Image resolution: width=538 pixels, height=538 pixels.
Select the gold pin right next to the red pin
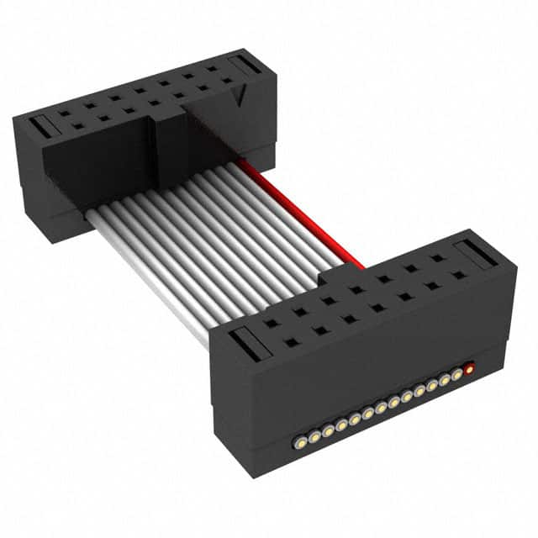tap(457, 374)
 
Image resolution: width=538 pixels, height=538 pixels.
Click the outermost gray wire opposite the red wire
tap(151, 277)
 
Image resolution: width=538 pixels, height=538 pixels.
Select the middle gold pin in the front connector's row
tap(381, 406)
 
